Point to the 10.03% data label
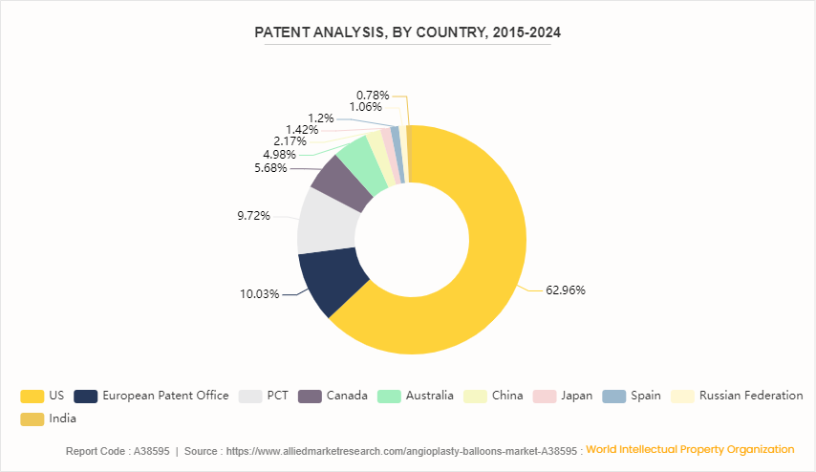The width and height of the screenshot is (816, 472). coord(259,293)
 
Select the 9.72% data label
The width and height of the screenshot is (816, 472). coord(253,216)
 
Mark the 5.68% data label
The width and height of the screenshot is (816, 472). coord(270,169)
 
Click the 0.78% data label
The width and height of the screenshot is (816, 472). coord(372,95)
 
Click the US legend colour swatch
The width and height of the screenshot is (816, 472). coord(32,396)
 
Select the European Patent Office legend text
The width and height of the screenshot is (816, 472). coord(165,396)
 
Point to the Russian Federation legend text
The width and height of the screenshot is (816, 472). coord(751,396)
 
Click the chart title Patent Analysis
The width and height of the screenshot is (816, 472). coord(407,32)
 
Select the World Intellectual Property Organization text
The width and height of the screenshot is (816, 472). coord(690,449)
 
